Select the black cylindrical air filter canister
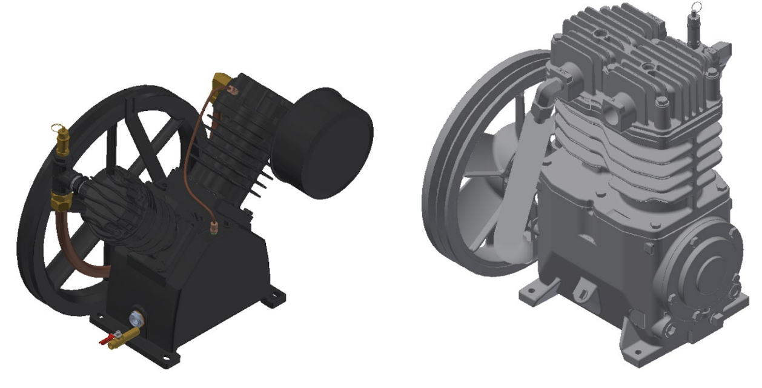(322, 142)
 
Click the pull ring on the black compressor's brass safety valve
(58, 129)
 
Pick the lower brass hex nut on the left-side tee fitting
(59, 200)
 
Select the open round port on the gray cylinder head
(613, 112)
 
